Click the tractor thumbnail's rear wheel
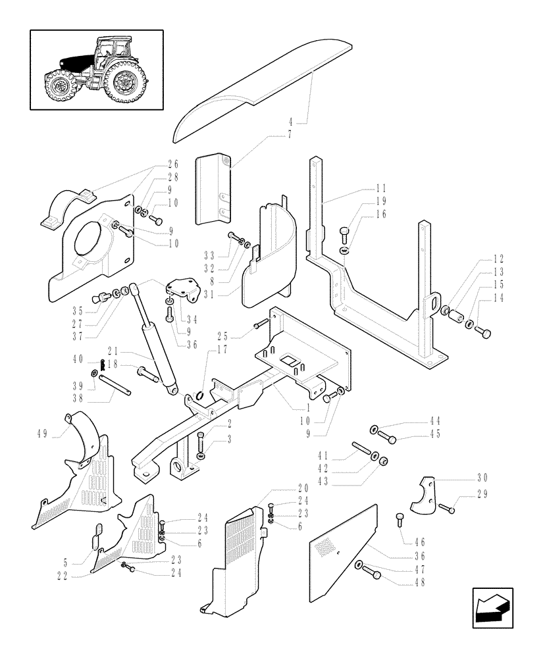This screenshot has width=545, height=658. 124,84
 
